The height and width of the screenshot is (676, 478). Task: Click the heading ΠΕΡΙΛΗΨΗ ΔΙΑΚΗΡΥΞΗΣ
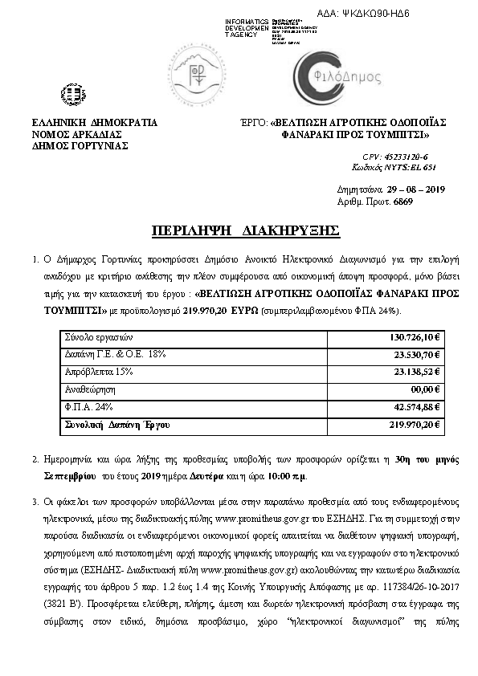(x=245, y=231)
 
